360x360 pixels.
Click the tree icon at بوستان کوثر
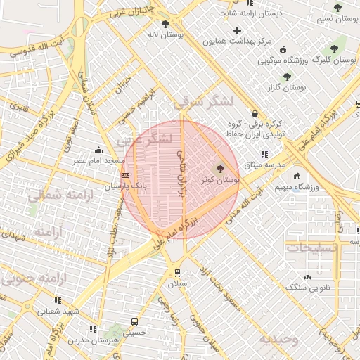coord(220,169)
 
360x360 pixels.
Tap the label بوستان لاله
coord(162,34)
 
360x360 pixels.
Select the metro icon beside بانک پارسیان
coord(125,174)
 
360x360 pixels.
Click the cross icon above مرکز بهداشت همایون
coord(237,30)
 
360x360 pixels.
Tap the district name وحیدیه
coord(278,339)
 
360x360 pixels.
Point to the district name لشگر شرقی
coord(202,102)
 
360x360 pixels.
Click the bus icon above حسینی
coord(134,321)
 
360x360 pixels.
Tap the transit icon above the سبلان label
coord(176,272)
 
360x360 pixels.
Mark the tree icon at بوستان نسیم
coord(337,8)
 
